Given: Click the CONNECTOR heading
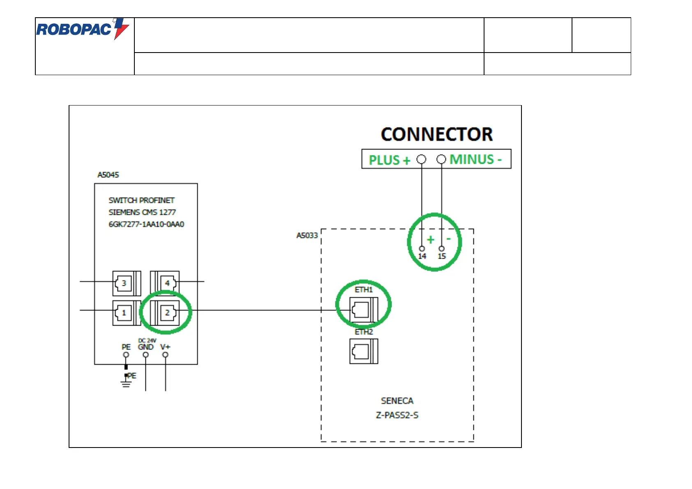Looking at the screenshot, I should pyautogui.click(x=436, y=134).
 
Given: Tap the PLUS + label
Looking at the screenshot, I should pyautogui.click(x=389, y=160).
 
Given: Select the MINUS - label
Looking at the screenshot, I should pyautogui.click(x=475, y=159).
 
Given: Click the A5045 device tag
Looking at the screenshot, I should pyautogui.click(x=108, y=175).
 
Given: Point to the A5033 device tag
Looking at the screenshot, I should pyautogui.click(x=307, y=236).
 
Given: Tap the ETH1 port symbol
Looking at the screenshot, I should pyautogui.click(x=364, y=310).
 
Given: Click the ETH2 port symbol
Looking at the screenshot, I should pyautogui.click(x=364, y=351).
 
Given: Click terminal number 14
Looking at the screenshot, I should pyautogui.click(x=422, y=256).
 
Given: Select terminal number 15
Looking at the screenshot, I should pyautogui.click(x=442, y=256).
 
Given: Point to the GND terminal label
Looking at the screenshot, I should pyautogui.click(x=145, y=347).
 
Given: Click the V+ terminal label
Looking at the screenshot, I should pyautogui.click(x=165, y=347).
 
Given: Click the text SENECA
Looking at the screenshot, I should pyautogui.click(x=397, y=401).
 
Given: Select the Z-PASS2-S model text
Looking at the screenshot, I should pyautogui.click(x=397, y=415).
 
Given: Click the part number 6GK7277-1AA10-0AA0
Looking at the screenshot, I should pyautogui.click(x=146, y=225).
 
